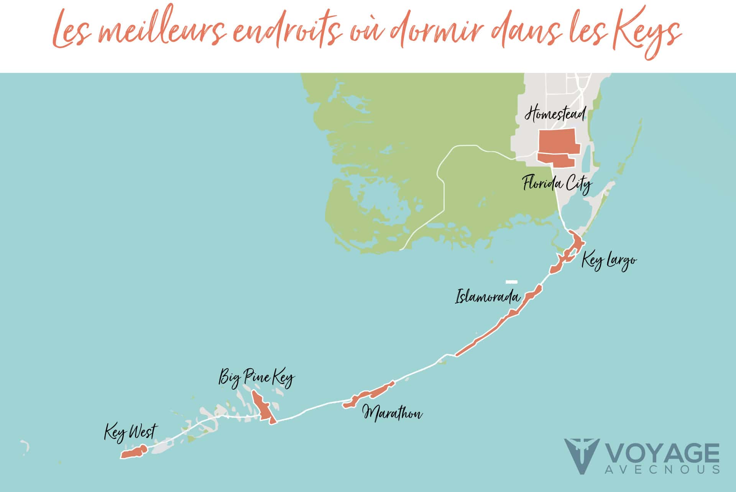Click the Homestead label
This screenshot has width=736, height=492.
point(555,114)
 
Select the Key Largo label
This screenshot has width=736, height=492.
point(609,261)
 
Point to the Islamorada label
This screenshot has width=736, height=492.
point(487,297)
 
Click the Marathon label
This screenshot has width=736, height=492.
point(393,413)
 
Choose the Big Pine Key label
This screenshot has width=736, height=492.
point(256,378)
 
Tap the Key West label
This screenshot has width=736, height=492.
point(130,432)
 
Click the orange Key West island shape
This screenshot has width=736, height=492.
point(134,452)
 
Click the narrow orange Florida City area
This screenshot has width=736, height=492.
point(556,160)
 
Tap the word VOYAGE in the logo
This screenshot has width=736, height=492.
point(662,454)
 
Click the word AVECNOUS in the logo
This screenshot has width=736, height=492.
point(662,469)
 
